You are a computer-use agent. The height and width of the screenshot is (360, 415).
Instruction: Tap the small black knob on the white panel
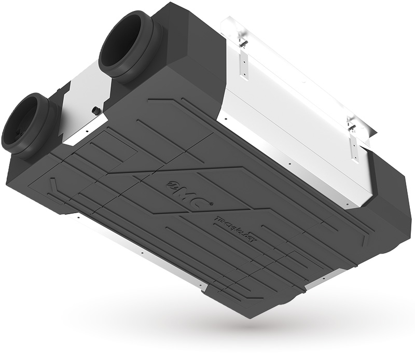click(x=96, y=110)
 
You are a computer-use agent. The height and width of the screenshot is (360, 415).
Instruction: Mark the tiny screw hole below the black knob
click(x=88, y=124)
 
